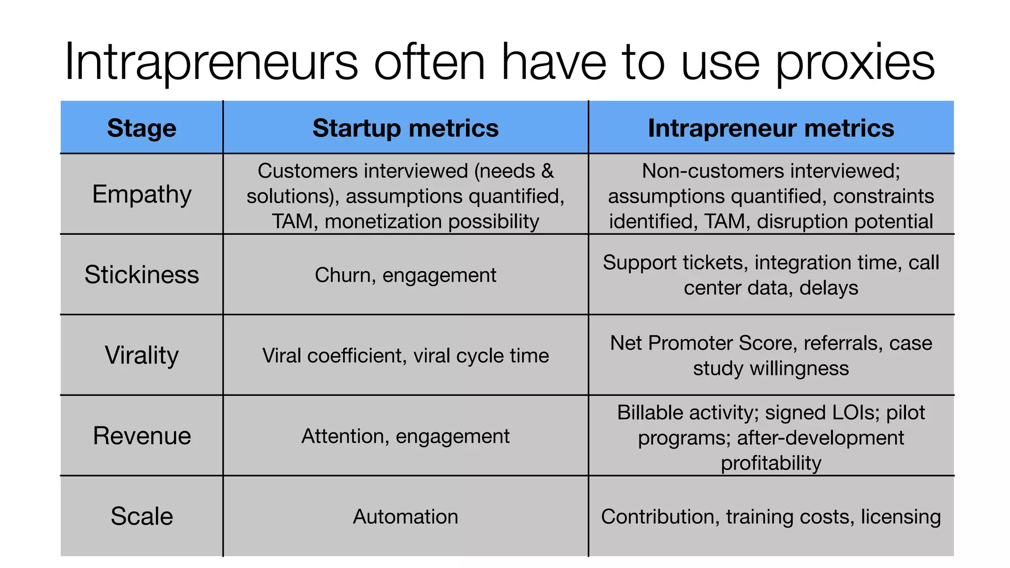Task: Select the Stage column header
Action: [x=142, y=128]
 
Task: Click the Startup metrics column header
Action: [x=405, y=128]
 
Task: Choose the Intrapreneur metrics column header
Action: [x=771, y=128]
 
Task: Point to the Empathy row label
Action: [x=142, y=194]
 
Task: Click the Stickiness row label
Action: [x=142, y=275]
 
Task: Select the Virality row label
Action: [x=142, y=355]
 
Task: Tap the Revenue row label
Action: [x=142, y=436]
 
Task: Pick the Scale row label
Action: [x=142, y=516]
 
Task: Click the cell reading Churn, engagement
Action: [x=405, y=275]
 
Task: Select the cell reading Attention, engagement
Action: [x=405, y=436]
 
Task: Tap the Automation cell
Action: [x=405, y=517]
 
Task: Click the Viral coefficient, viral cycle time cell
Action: [x=405, y=355]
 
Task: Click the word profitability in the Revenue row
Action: [x=771, y=463]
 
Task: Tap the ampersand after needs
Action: [x=547, y=171]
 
